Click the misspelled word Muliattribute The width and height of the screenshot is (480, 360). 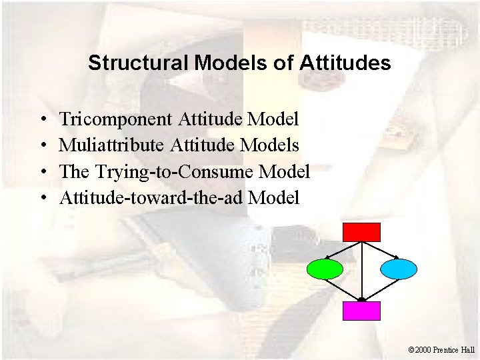[113, 145]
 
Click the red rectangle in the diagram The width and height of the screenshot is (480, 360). [361, 232]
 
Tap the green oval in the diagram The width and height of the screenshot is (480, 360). [325, 269]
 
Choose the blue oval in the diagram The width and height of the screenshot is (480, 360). [399, 269]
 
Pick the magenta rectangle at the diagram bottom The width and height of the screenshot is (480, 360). [361, 311]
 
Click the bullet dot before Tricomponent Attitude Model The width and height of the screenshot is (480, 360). [42, 121]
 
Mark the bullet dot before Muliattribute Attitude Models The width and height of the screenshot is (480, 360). [42, 146]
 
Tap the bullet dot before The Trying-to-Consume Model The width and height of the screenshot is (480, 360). [42, 173]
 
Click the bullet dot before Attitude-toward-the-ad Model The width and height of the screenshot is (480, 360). [42, 199]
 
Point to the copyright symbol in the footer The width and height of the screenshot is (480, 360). [411, 349]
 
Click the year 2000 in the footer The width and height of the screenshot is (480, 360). [423, 349]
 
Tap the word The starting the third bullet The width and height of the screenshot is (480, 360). [74, 172]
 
